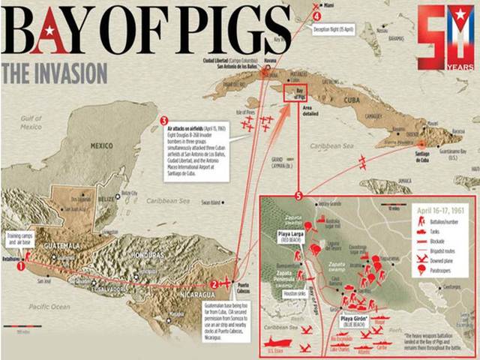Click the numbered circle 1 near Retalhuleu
click(21, 265)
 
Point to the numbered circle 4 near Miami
click(317, 16)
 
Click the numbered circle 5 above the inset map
click(299, 196)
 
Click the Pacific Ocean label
click(50, 307)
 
